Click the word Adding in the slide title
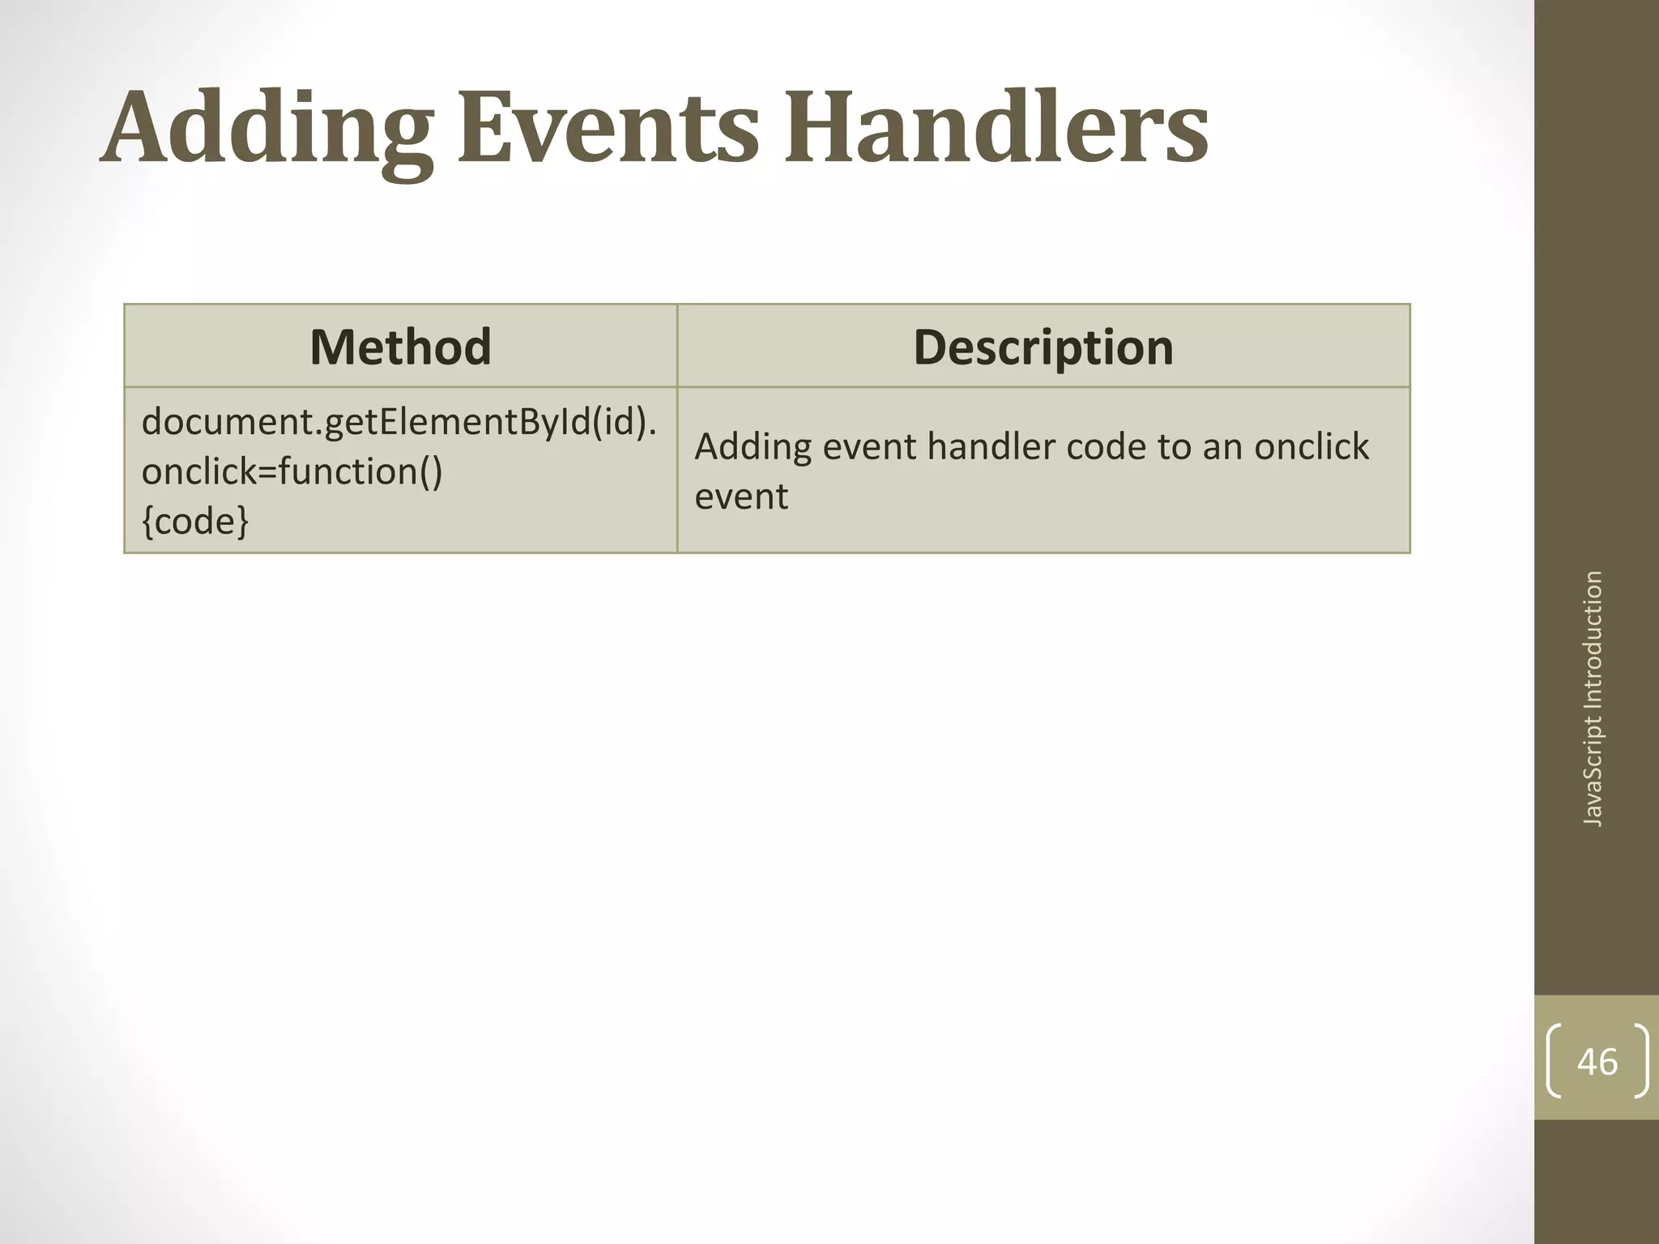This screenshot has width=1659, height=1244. click(x=267, y=128)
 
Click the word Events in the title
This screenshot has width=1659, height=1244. click(x=608, y=128)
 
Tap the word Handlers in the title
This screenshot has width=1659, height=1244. click(x=995, y=128)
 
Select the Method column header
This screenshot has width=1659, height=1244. click(x=400, y=347)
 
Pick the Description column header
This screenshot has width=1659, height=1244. click(x=1043, y=347)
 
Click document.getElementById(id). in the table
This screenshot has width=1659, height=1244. click(x=399, y=422)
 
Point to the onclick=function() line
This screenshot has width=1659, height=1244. click(x=292, y=471)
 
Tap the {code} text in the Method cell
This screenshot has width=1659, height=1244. click(x=195, y=521)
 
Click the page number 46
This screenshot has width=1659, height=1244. click(x=1597, y=1062)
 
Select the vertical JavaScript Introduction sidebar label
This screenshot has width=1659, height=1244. click(x=1593, y=698)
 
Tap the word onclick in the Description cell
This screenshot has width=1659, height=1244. click(x=1311, y=446)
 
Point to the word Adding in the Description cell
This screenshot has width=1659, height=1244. click(x=753, y=448)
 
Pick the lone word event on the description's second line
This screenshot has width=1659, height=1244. click(x=741, y=496)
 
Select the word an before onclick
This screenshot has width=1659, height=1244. click(x=1223, y=448)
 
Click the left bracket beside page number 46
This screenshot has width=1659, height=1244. click(x=1555, y=1062)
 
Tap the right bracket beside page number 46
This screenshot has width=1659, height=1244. click(x=1640, y=1062)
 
